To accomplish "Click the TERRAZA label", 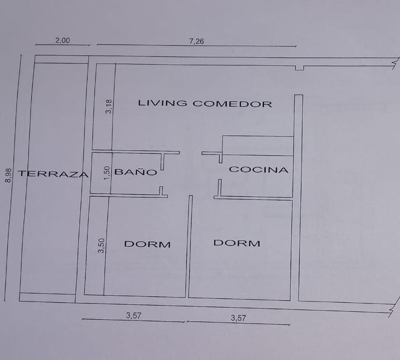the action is pos(53,174).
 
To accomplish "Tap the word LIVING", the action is pos(162,103).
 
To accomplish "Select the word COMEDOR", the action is pos(232,104).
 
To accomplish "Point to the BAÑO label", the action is pos(135,172).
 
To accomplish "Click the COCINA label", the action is pos(258,170).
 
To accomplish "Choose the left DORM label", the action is pos(147,244).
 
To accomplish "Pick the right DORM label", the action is pos(237,243).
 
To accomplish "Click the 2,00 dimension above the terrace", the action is pos(62,40).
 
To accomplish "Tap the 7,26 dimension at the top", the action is pos(197,41).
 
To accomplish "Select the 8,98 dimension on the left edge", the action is pos(8,175).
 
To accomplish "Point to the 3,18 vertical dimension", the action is pos(108,106).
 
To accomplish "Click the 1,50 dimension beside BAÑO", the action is pos(107,173).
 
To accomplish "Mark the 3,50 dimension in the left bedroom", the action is pos(101,245).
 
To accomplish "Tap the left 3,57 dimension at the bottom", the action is pos(133,316).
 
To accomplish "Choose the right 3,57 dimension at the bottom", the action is pos(238,318).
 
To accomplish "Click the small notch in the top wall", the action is pos(300,68).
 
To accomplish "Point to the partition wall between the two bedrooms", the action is pos(189,246).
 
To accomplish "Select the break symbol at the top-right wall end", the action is pos(396,63).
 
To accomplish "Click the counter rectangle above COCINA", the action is pos(257,145).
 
